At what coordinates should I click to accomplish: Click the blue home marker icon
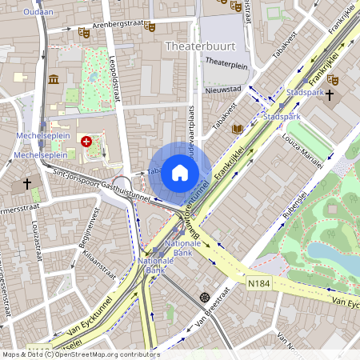pyautogui.click(x=180, y=173)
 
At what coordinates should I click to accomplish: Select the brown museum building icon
pyautogui.click(x=54, y=79)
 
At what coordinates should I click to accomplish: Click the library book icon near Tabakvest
pyautogui.click(x=237, y=128)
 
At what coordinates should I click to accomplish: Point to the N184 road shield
pyautogui.click(x=258, y=283)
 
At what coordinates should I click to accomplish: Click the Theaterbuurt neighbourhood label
pyautogui.click(x=199, y=47)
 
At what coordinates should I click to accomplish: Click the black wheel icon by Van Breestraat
pyautogui.click(x=205, y=297)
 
